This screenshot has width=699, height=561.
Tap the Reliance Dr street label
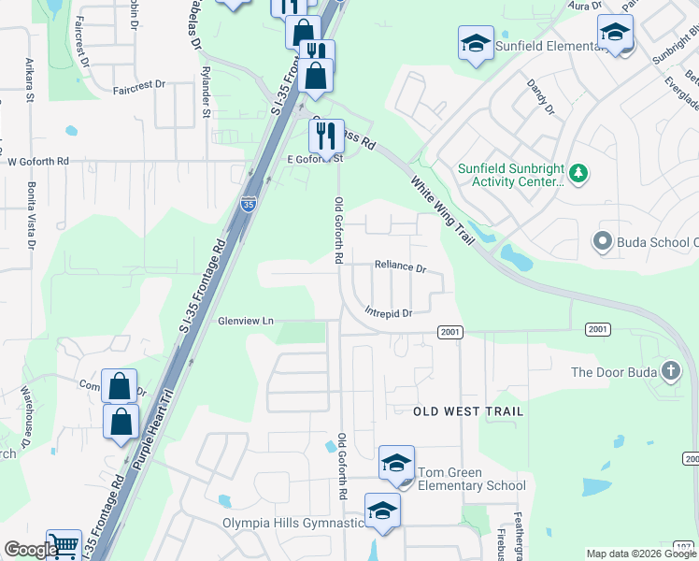pyautogui.click(x=400, y=266)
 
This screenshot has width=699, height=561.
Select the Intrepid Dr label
pyautogui.click(x=389, y=313)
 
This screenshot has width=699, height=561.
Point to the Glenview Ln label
pyautogui.click(x=246, y=321)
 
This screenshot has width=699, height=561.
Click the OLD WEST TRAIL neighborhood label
pyautogui.click(x=468, y=411)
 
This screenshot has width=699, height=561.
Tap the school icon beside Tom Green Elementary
pyautogui.click(x=396, y=463)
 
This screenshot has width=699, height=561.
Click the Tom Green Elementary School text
pyautogui.click(x=471, y=479)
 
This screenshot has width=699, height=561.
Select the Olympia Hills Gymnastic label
pyautogui.click(x=292, y=523)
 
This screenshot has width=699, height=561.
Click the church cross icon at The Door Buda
pyautogui.click(x=670, y=371)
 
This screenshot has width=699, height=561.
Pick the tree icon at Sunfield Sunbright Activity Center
pyautogui.click(x=578, y=173)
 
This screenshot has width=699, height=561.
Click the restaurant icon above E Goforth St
pyautogui.click(x=326, y=135)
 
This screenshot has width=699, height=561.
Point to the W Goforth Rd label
pyautogui.click(x=38, y=161)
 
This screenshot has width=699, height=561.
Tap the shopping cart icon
pyautogui.click(x=64, y=545)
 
